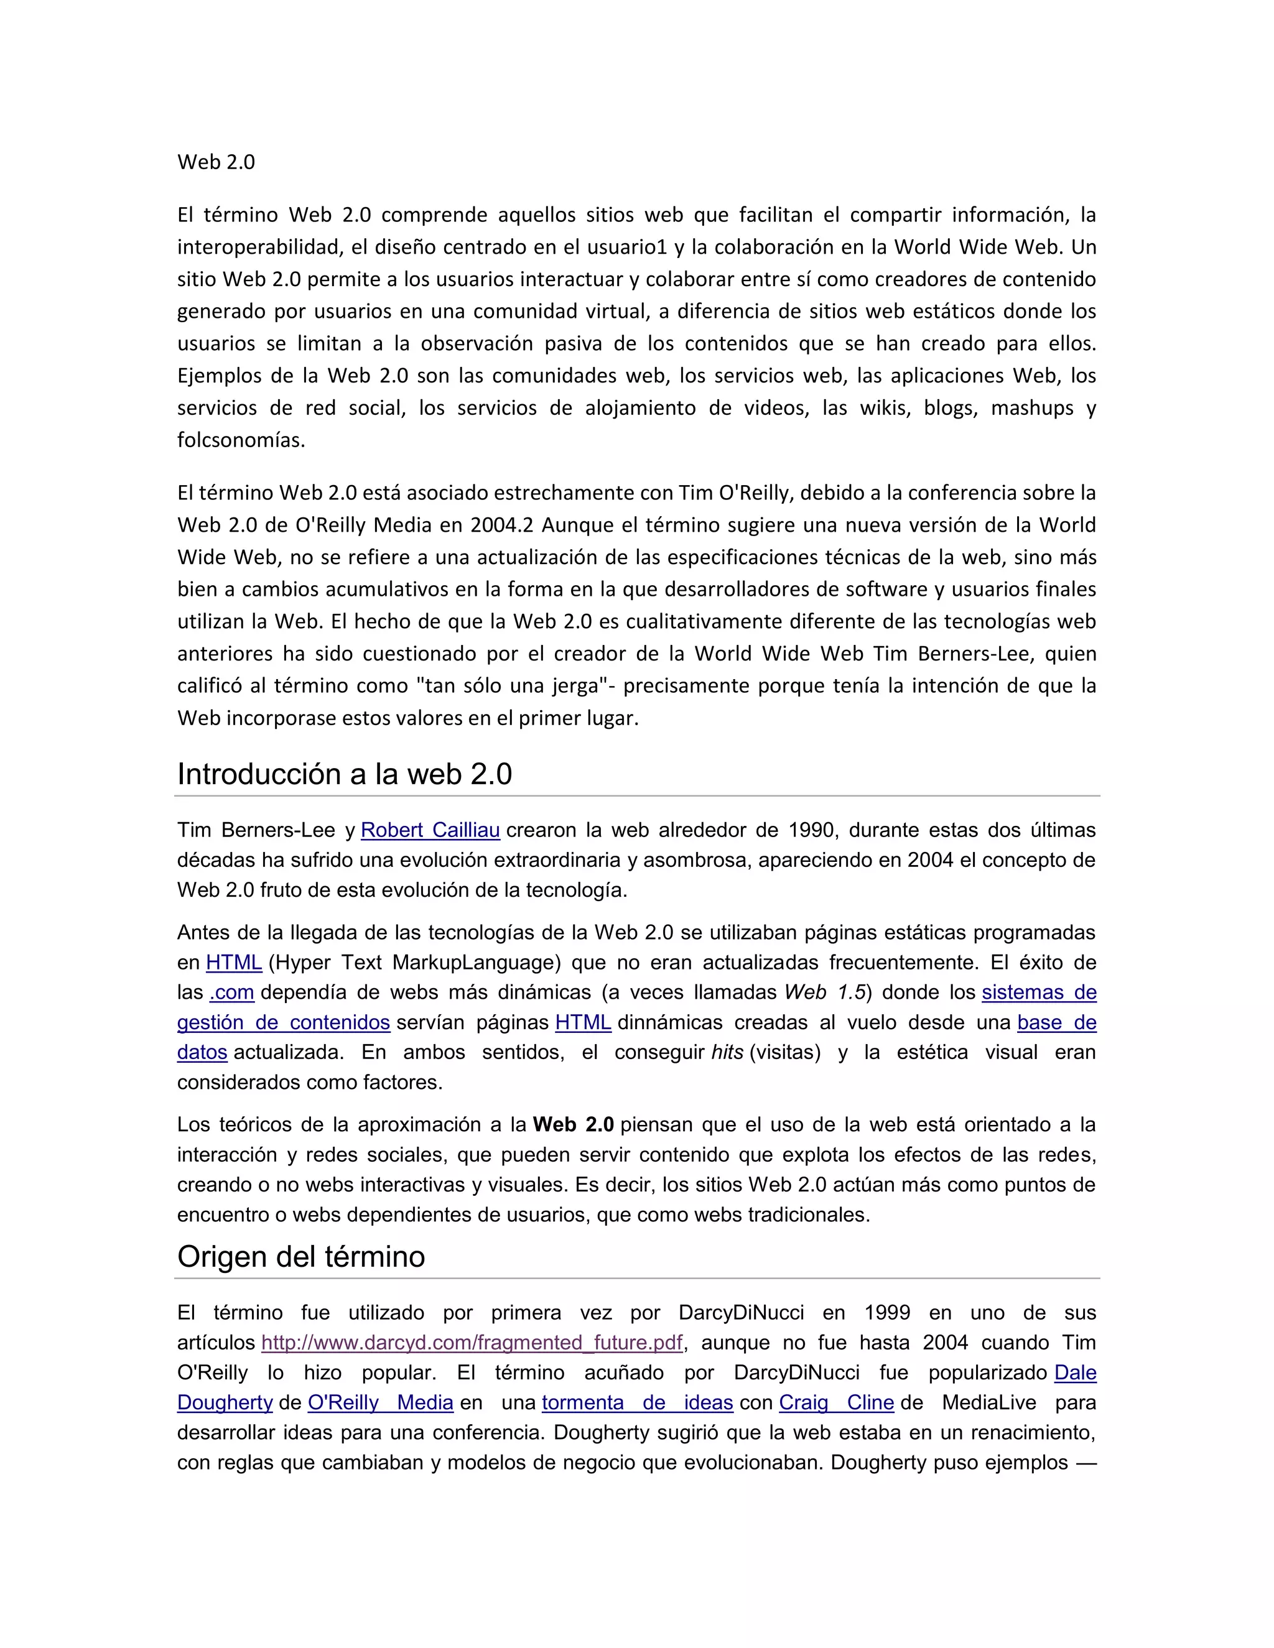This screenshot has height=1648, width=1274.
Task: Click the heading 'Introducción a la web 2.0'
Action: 344,774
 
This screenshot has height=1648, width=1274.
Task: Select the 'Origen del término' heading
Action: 300,1257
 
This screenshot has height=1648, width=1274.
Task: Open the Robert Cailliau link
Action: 430,830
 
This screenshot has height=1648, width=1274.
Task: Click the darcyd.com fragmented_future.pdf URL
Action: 472,1343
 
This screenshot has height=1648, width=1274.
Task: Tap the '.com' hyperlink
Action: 231,993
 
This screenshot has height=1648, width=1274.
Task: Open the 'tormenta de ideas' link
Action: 637,1403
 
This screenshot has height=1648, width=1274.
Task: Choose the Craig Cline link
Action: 836,1403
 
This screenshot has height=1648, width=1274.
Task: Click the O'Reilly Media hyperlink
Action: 380,1403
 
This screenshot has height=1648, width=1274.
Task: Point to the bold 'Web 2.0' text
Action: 573,1125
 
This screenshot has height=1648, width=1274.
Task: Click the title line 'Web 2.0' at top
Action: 216,162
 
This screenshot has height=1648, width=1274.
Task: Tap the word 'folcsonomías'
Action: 241,440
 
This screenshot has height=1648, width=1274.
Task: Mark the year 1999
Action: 887,1313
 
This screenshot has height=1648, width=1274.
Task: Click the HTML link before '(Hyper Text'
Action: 234,963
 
